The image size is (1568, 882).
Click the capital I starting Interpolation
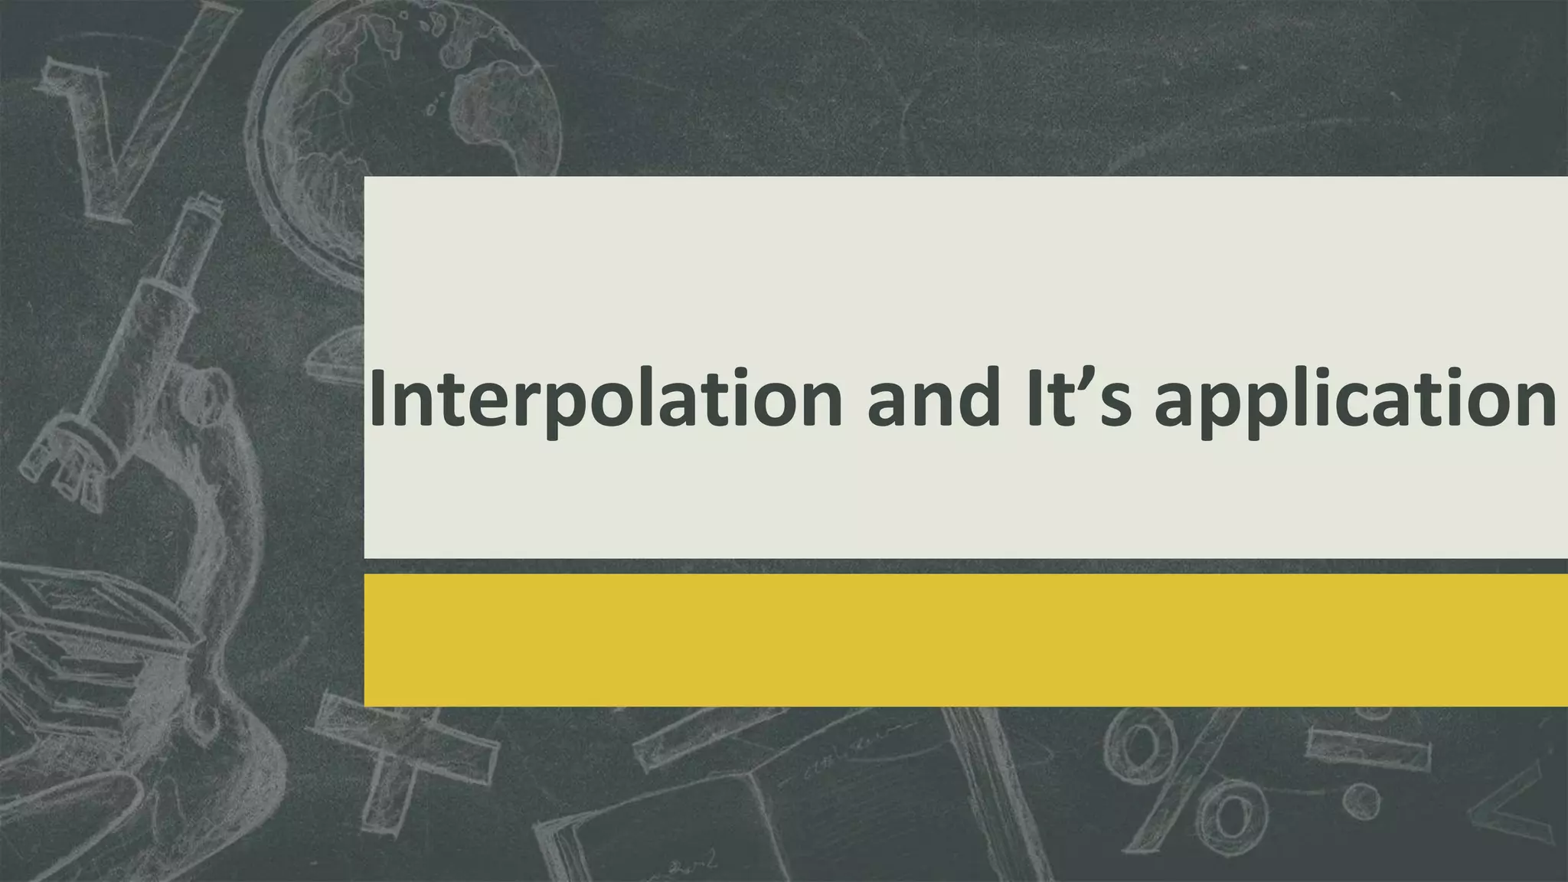(x=377, y=398)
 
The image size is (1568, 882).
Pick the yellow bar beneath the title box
(x=965, y=640)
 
